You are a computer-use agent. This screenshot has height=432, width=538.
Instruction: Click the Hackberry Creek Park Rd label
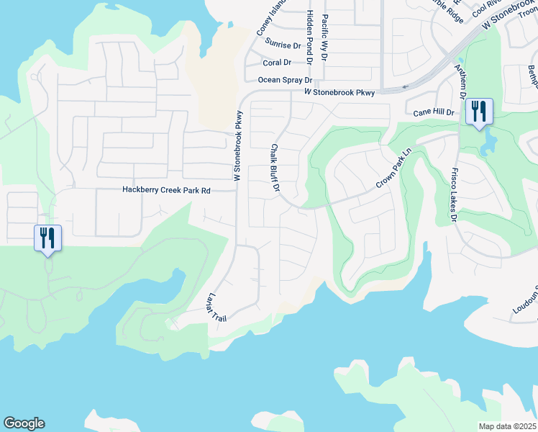tap(165, 191)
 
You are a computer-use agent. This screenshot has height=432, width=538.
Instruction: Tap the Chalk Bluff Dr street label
tap(275, 168)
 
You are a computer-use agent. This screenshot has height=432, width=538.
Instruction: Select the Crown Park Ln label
tap(396, 170)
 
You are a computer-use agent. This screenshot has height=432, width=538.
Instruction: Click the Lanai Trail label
tap(214, 306)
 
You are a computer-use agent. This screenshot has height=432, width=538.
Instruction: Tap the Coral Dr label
tap(276, 63)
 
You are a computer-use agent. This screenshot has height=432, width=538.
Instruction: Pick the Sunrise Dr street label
tap(283, 43)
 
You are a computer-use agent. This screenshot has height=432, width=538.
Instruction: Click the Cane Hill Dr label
tap(434, 113)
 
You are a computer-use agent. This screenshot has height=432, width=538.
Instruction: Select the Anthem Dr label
tap(460, 81)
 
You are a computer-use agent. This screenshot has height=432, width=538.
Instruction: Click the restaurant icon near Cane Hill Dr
tap(478, 112)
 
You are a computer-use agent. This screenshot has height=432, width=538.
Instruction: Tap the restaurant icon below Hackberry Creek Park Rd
tap(47, 238)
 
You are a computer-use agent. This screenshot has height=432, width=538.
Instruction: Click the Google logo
tap(24, 423)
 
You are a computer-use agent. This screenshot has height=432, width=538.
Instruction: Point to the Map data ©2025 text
tap(507, 426)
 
